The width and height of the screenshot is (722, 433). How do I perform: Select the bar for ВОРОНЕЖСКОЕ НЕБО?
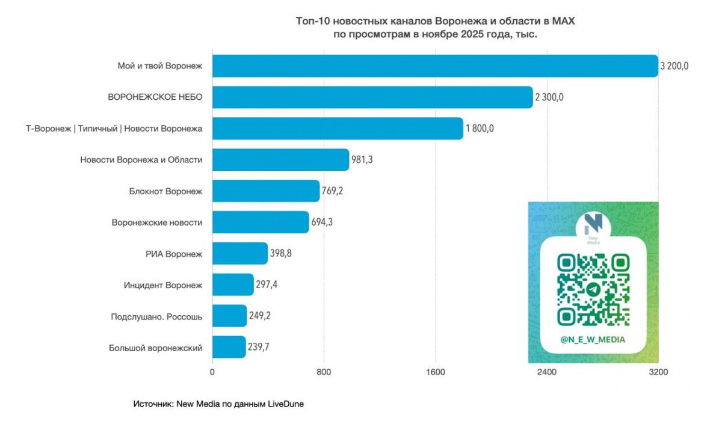[x=372, y=97]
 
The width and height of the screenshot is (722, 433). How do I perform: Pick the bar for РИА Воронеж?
[x=240, y=254]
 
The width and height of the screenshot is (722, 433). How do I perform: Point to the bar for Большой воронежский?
[x=229, y=347]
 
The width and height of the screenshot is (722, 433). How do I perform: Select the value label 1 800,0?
[x=480, y=129]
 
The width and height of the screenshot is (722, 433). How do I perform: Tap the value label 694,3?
[x=322, y=223]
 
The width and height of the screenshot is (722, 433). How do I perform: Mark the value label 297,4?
[x=267, y=284]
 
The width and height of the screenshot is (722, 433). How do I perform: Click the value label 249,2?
[x=260, y=316]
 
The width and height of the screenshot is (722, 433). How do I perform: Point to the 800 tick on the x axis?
[x=324, y=372]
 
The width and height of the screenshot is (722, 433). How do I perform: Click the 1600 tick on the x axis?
[x=435, y=372]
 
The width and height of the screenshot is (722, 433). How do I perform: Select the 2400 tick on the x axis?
[x=547, y=372]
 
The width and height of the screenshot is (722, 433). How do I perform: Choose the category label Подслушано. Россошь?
[x=156, y=316]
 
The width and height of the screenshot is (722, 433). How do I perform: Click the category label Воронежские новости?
[x=157, y=223]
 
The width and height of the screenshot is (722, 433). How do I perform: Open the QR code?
[x=593, y=289]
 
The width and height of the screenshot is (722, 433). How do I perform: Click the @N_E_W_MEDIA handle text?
[x=593, y=340]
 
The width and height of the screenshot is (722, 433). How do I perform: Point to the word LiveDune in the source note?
[x=286, y=405]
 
